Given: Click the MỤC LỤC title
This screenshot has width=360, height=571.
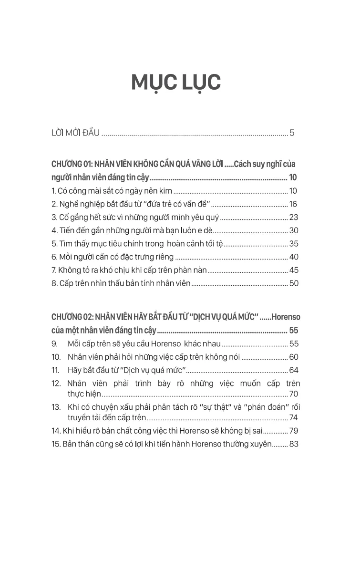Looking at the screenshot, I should (x=176, y=83).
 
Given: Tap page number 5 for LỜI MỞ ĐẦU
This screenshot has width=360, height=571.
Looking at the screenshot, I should (x=292, y=133).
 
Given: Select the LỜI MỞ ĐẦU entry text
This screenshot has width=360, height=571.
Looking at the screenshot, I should (x=75, y=133).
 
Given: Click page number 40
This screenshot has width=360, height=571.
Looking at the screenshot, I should (x=293, y=257).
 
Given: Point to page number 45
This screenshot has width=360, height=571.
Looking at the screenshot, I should (x=293, y=270).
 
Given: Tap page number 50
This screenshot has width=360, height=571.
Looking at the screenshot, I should (x=293, y=283).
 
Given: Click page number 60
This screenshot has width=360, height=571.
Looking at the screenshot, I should (x=293, y=357).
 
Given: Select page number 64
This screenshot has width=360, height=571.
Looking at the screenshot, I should (x=293, y=370).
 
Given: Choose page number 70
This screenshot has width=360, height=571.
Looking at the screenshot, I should (x=293, y=394).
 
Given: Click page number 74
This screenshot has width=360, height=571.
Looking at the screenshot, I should (x=293, y=417).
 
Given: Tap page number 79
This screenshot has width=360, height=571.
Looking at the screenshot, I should (x=293, y=431).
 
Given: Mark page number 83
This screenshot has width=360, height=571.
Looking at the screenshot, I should (x=293, y=444).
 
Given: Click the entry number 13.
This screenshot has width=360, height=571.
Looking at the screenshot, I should (x=56, y=407).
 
